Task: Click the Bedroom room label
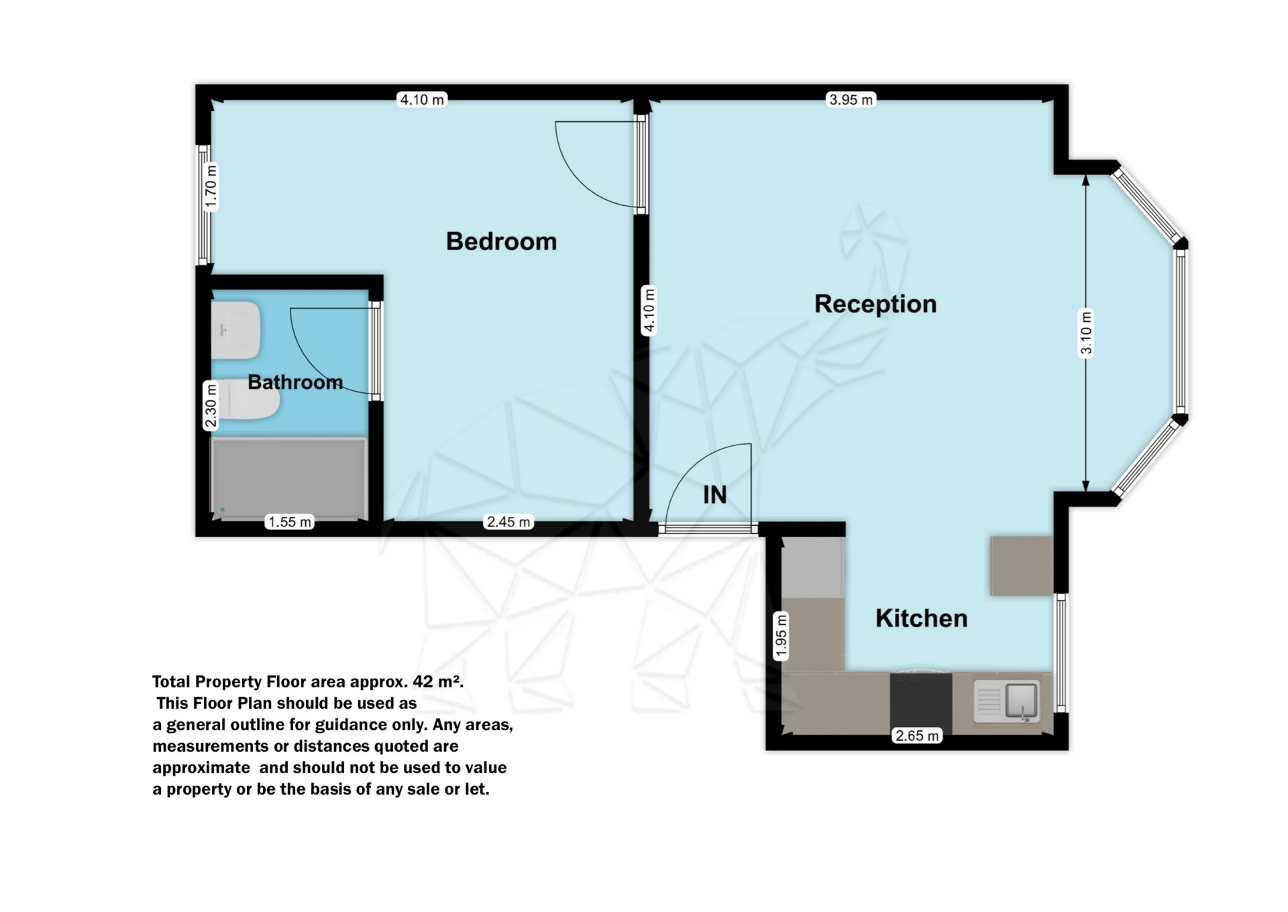tap(501, 241)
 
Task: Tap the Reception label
tap(875, 304)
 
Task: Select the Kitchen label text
tap(921, 618)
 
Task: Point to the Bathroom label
tap(295, 382)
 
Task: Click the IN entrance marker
tap(714, 495)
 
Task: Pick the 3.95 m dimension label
tap(851, 100)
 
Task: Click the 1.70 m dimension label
tap(211, 186)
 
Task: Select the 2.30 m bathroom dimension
tap(211, 406)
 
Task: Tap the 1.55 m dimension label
tap(290, 522)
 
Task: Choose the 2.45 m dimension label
tap(508, 522)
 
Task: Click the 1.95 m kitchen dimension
tap(781, 636)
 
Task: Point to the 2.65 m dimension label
tap(917, 736)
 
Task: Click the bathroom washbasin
tap(235, 330)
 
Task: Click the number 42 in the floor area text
tap(423, 681)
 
